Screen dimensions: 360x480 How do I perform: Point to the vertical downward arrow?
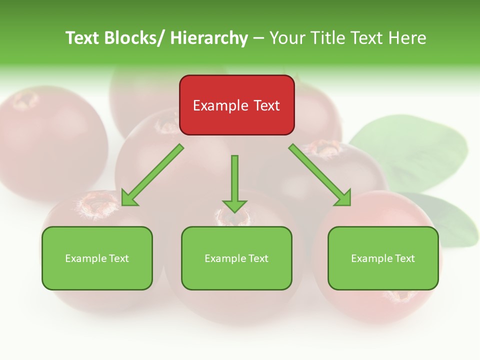234,180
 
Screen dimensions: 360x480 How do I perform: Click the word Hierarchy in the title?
208,38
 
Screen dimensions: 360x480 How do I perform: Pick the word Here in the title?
407,38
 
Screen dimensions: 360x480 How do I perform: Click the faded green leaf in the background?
410,150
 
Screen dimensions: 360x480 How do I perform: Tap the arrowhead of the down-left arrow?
129,198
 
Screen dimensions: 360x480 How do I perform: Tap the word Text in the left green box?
118,258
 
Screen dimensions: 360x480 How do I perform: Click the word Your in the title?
288,38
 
